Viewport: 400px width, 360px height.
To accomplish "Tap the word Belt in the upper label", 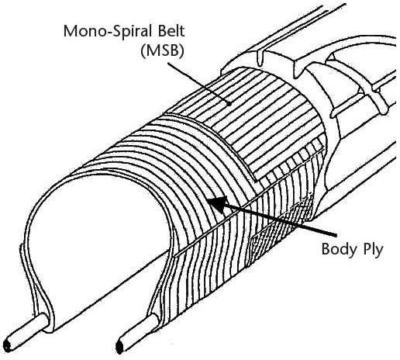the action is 169,31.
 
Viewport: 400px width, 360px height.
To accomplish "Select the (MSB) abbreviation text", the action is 163,50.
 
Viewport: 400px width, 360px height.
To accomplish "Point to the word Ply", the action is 371,250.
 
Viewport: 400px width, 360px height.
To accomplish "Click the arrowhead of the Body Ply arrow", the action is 217,204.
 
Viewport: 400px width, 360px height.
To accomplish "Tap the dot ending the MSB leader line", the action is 229,103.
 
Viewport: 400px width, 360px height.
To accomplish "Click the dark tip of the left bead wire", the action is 7,346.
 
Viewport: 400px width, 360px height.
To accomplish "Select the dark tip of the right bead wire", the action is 119,348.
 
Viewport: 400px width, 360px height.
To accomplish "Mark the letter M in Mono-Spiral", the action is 70,31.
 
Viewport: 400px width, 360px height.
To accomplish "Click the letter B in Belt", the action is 160,31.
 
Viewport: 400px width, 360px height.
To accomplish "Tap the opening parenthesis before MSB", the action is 143,51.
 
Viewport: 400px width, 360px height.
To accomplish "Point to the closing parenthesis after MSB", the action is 182,51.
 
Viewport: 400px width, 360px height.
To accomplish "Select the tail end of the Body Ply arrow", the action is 336,235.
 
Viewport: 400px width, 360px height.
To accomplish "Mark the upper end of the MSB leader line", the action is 168,62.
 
